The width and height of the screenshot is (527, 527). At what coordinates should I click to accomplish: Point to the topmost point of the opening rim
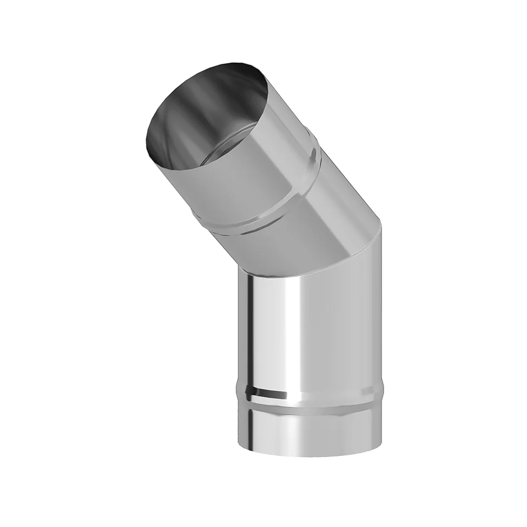232,64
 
